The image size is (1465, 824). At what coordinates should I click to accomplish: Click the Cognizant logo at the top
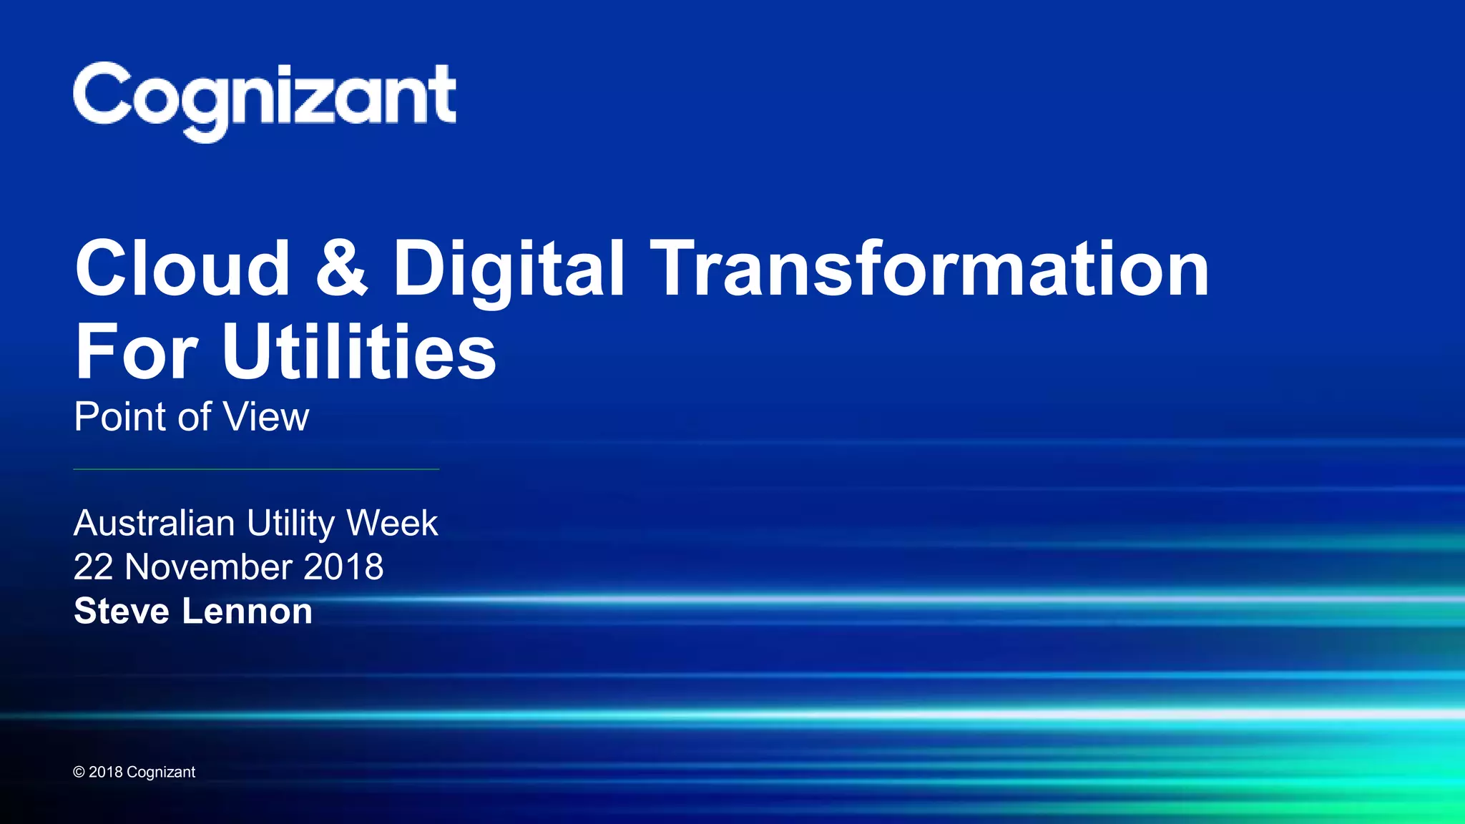[264, 99]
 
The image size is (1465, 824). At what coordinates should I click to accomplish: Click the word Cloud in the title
[182, 268]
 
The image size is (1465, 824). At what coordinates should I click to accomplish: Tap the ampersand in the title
[341, 268]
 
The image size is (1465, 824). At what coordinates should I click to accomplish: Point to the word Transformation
[930, 268]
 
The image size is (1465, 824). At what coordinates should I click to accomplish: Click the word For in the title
[136, 352]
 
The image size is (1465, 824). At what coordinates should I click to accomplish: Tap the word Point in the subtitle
[122, 417]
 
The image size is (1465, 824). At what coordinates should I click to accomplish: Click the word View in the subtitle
[267, 417]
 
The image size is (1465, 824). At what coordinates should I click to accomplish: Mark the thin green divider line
[256, 469]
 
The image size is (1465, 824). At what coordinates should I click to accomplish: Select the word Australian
[154, 523]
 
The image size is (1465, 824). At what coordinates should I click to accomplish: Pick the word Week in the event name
[392, 523]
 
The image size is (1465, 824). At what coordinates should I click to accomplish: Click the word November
[208, 567]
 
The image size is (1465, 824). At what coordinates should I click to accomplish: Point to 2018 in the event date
[343, 567]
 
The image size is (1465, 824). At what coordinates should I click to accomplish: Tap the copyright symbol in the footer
[79, 772]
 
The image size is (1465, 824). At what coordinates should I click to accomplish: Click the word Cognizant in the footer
[161, 772]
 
